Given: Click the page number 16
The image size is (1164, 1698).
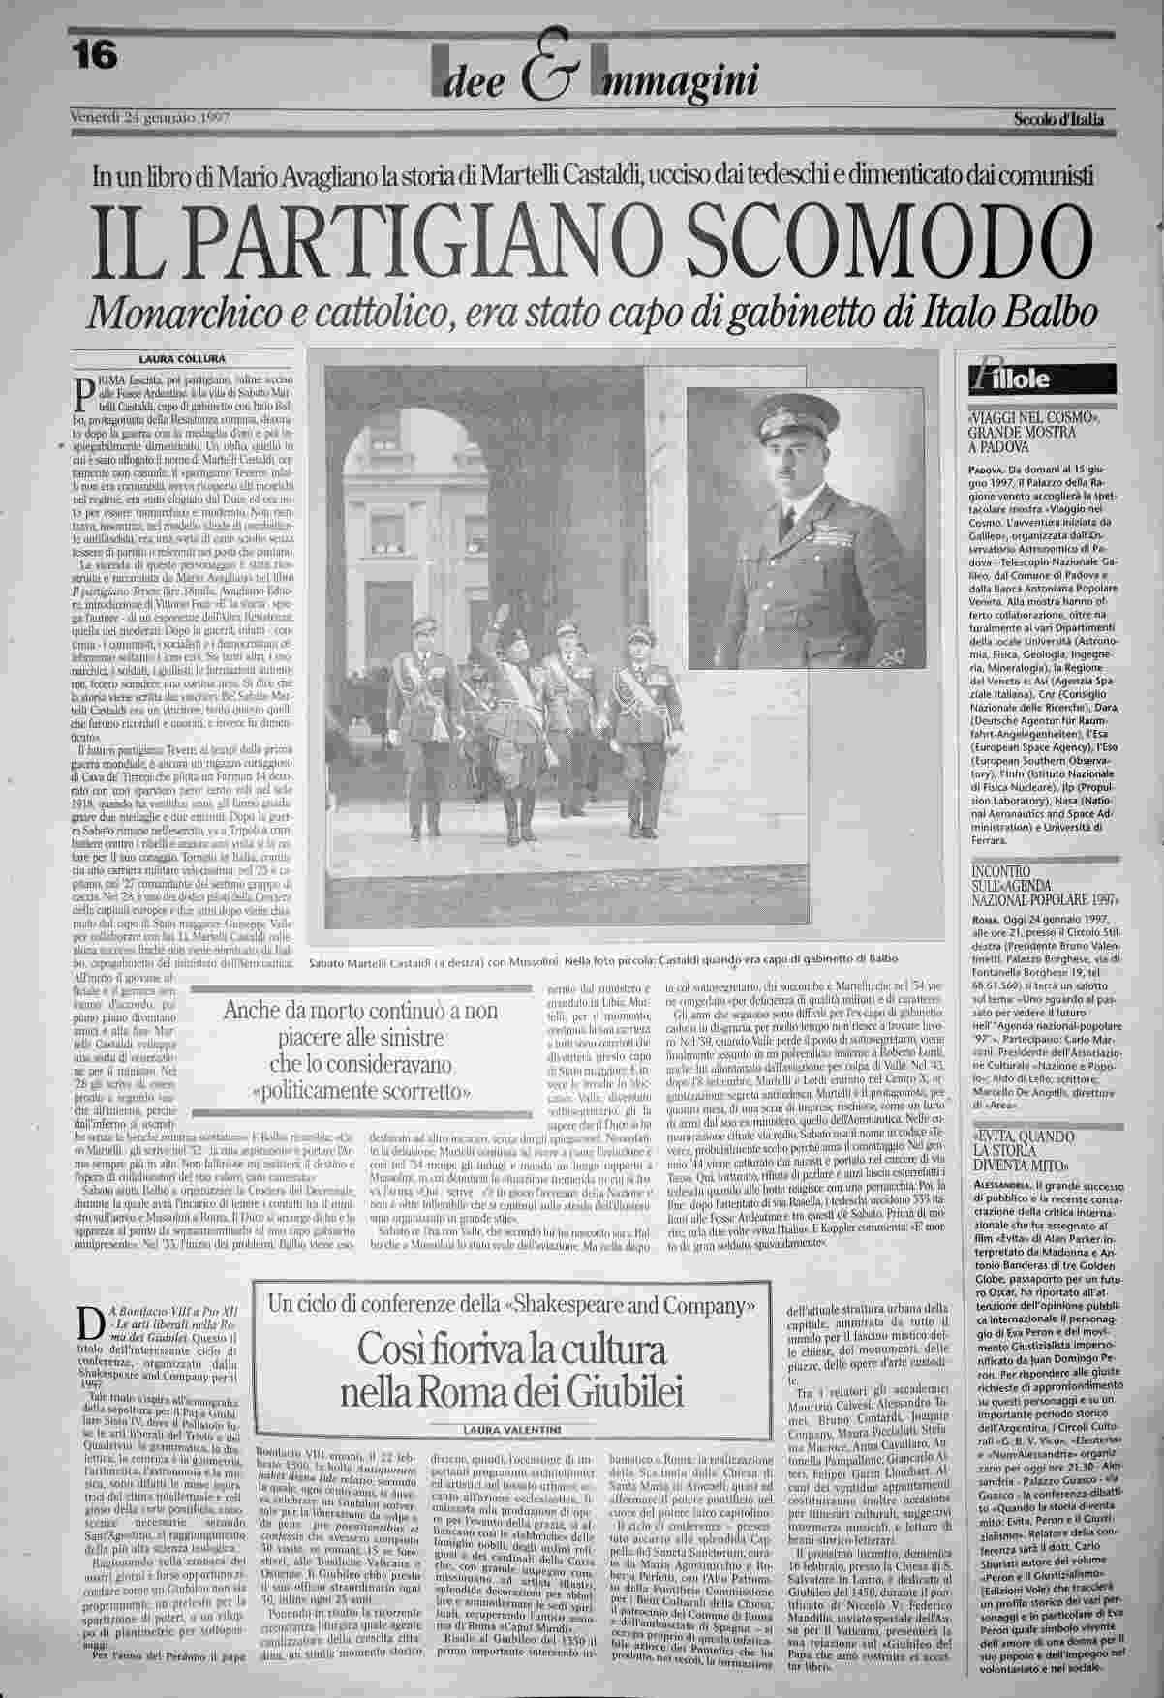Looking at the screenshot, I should pos(94,55).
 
